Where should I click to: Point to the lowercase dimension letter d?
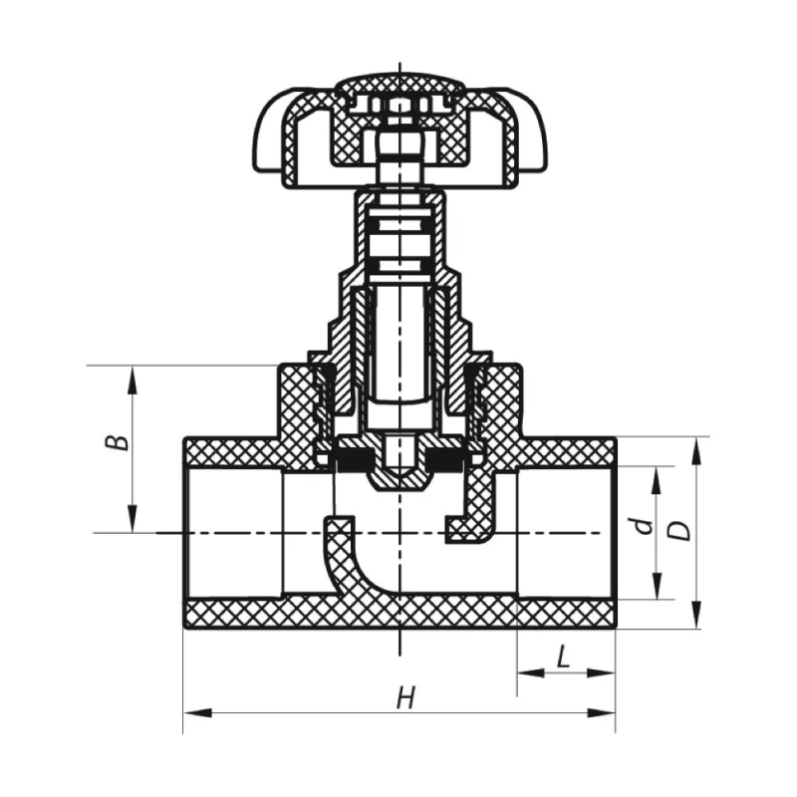(645, 525)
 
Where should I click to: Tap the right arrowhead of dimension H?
(602, 713)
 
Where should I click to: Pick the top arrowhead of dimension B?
(133, 380)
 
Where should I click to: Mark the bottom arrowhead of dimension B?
(133, 518)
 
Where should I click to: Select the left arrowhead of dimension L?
(531, 673)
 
